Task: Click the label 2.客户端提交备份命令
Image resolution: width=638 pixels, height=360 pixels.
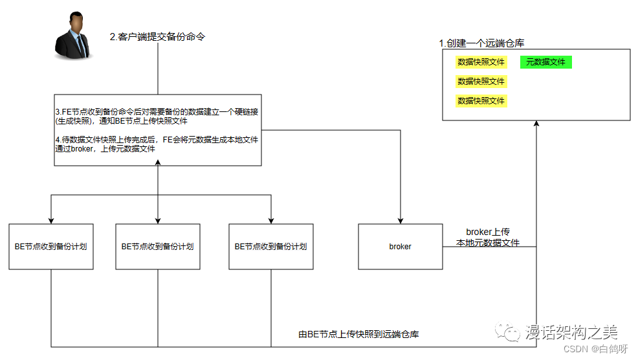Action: [x=157, y=37]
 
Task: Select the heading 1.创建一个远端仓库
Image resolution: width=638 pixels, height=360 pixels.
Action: [x=481, y=43]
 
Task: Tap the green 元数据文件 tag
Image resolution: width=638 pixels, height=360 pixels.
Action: [x=545, y=62]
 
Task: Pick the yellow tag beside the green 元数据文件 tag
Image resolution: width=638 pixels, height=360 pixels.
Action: [x=481, y=62]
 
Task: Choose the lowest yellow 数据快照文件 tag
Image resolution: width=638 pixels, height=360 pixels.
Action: [x=481, y=101]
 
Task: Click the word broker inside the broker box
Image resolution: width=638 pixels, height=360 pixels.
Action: [x=400, y=247]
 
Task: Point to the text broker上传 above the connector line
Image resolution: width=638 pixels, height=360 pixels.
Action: [x=488, y=232]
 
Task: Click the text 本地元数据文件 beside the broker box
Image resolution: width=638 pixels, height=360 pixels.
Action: [x=488, y=243]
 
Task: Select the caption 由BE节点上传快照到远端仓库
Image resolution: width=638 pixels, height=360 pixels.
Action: [x=358, y=335]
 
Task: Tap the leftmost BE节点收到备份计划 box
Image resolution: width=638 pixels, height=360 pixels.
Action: [x=51, y=247]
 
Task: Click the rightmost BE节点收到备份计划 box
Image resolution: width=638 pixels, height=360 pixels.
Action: [x=270, y=247]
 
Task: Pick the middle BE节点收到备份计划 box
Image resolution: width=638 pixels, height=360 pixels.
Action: [x=158, y=247]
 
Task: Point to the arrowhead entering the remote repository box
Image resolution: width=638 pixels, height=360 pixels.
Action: [x=536, y=124]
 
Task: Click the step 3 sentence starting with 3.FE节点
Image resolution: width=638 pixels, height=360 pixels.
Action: [x=157, y=116]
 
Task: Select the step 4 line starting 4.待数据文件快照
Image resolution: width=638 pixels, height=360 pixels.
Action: [x=157, y=144]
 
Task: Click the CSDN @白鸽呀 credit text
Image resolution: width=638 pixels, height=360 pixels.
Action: [x=595, y=349]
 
